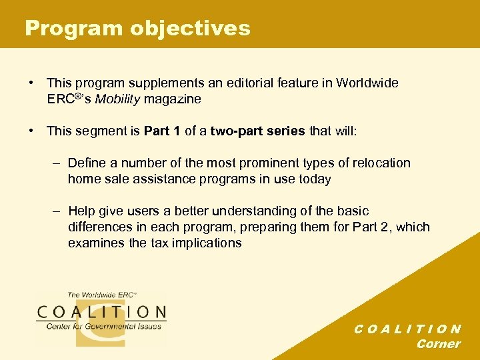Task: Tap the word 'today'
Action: pos(315,179)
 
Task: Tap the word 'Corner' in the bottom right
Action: pos(438,344)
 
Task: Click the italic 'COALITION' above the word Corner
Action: pos(407,329)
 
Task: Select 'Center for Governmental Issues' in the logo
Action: pos(103,327)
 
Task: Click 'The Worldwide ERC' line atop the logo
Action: pos(101,295)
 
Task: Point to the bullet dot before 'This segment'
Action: pos(31,131)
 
